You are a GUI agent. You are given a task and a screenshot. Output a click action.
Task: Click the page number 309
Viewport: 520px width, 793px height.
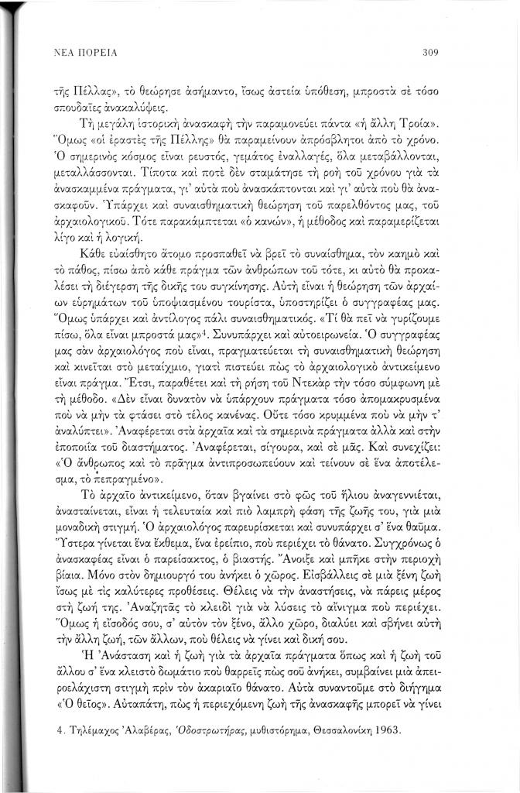pos(431,53)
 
